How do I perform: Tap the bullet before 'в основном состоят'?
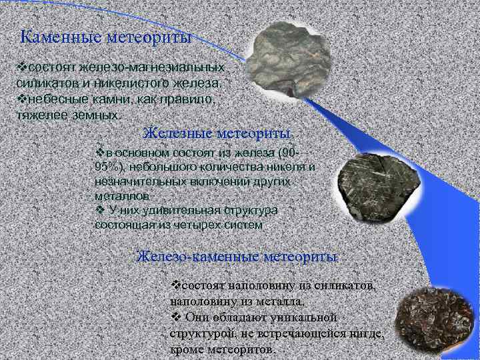click(100, 152)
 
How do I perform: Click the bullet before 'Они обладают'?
click(177, 316)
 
